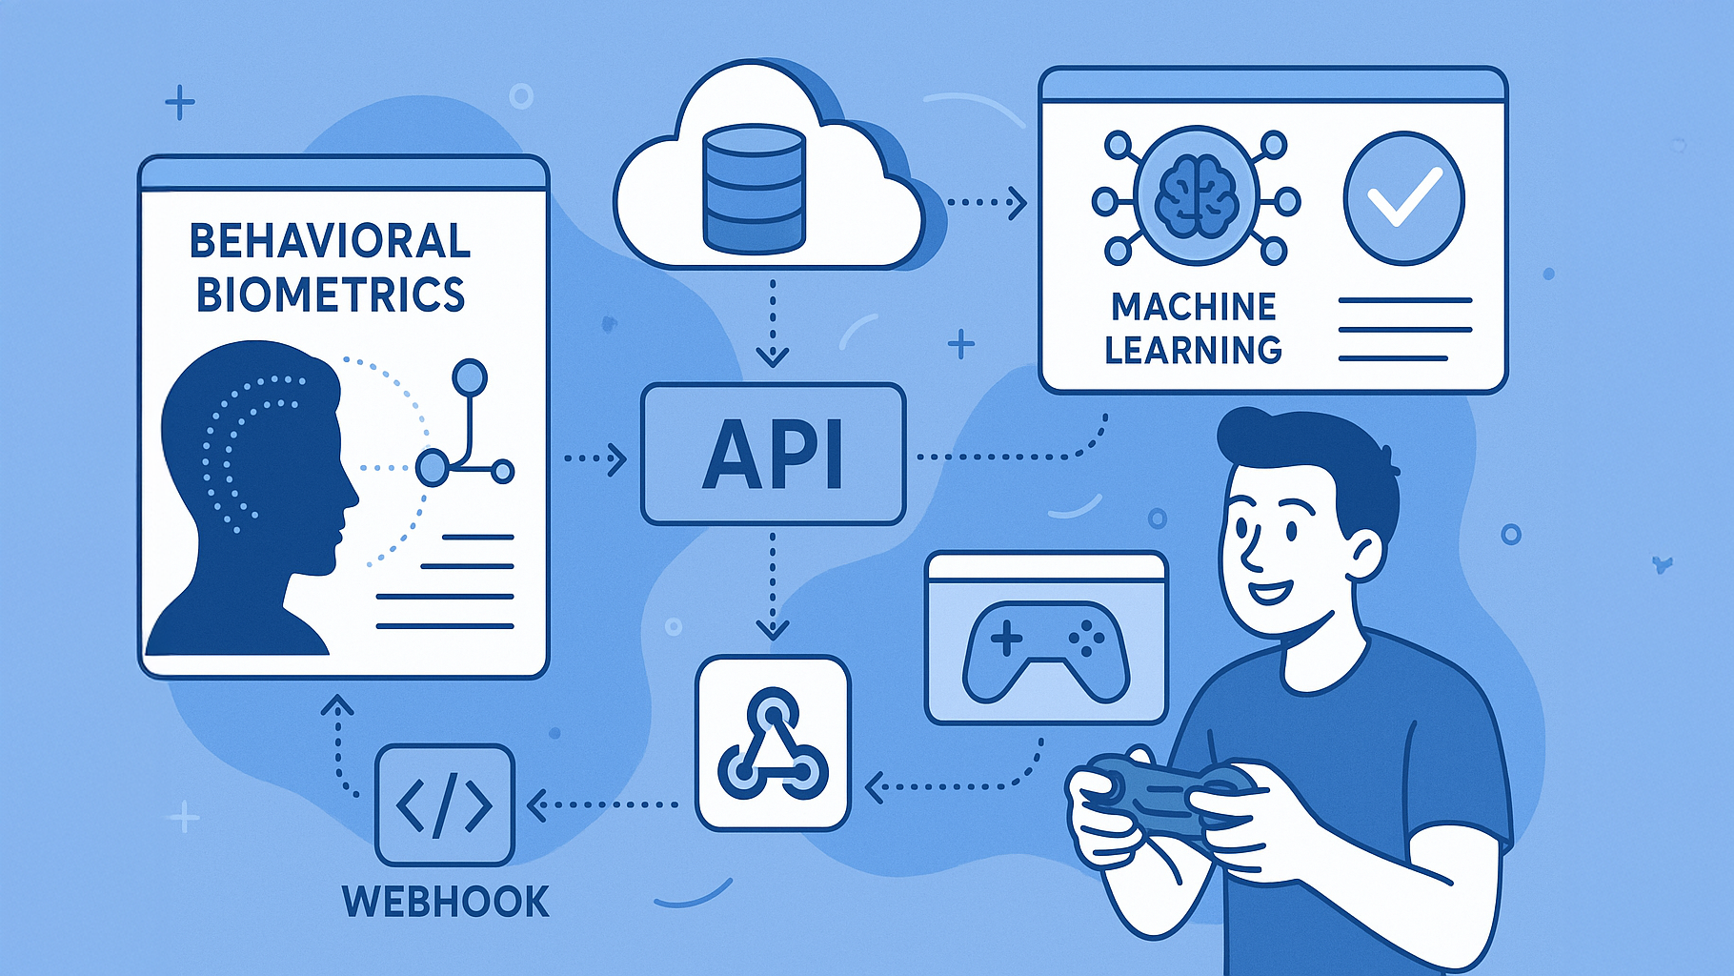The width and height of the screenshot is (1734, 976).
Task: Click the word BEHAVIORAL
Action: coord(330,241)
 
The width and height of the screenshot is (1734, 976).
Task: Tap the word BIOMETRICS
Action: coord(331,295)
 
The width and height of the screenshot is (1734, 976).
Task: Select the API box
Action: coord(773,454)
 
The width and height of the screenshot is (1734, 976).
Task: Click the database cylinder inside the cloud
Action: coord(753,189)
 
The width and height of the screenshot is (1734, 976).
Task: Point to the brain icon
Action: coord(1197,197)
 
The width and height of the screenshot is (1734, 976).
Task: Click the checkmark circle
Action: coord(1403,197)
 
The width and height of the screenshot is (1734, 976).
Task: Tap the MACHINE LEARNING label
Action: coord(1193,329)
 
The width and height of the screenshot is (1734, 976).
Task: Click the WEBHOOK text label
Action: coord(446,901)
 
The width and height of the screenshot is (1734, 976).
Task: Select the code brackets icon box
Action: coord(445,805)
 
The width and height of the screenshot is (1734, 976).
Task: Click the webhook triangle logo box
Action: coord(773,742)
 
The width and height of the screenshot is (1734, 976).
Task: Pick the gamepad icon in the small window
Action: coord(1046,651)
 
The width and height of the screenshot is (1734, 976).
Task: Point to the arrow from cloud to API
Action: coord(772,322)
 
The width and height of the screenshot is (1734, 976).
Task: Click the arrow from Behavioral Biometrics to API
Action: coord(595,459)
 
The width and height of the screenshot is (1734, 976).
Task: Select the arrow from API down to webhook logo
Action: coord(772,586)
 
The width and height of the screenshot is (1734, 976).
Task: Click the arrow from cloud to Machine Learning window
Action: coord(986,202)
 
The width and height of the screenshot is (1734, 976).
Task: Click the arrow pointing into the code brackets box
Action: coord(602,804)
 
